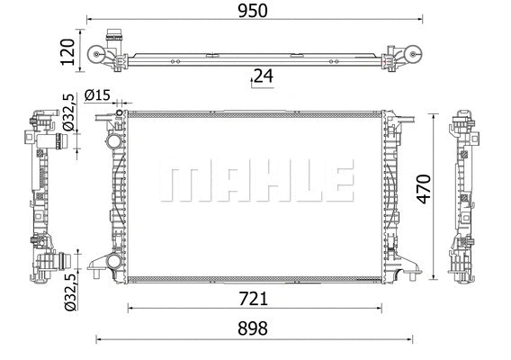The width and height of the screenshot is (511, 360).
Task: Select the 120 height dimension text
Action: (66, 53)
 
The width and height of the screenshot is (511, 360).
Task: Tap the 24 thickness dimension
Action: (262, 76)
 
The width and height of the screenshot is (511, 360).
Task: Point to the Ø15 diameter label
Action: (96, 95)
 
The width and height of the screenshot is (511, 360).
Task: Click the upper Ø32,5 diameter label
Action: (67, 112)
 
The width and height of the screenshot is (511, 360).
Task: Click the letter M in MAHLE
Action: (181, 183)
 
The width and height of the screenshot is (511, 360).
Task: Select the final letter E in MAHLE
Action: (337, 183)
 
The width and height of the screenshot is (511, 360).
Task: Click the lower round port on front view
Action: (112, 262)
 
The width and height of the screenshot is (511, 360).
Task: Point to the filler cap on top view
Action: (112, 38)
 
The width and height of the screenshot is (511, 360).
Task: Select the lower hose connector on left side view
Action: (56, 264)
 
